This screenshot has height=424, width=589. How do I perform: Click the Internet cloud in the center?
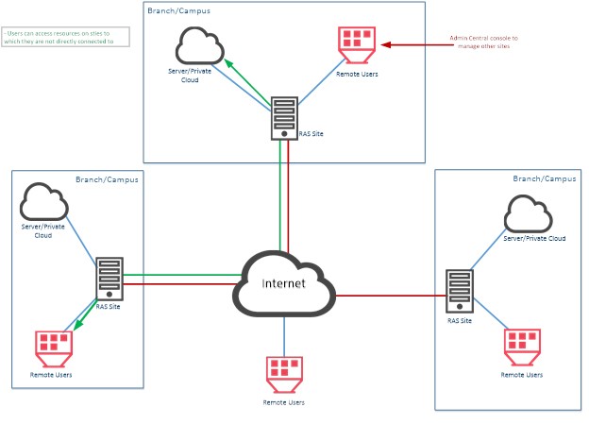[x=284, y=284]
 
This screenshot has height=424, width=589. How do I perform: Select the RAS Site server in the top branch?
[x=283, y=114]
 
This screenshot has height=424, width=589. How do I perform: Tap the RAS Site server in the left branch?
[x=109, y=280]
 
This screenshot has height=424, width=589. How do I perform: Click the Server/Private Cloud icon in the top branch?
[x=198, y=45]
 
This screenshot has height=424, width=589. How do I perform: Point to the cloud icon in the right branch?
[x=528, y=214]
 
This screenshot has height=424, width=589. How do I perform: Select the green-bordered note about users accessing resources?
[x=65, y=37]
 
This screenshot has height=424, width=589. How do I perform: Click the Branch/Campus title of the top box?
[x=179, y=10]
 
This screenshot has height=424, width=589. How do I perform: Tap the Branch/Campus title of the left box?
[x=107, y=178]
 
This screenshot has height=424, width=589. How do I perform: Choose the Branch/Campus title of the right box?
[x=544, y=178]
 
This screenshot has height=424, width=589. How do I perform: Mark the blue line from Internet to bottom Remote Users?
[x=284, y=335]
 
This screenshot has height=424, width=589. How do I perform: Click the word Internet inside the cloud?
[x=283, y=283]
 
